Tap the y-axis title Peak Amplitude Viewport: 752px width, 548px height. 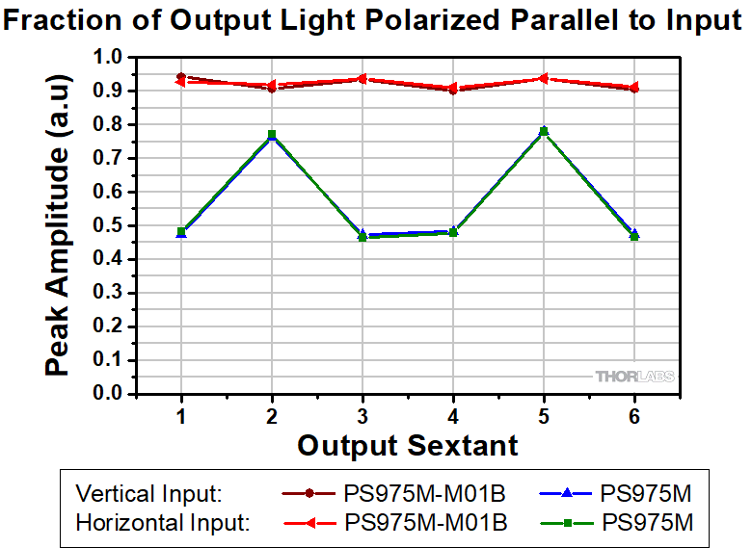pyautogui.click(x=58, y=226)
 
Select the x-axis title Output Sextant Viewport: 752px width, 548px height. pyautogui.click(x=407, y=446)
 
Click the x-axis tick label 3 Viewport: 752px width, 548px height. pyautogui.click(x=363, y=412)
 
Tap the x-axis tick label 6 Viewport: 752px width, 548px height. pyautogui.click(x=635, y=412)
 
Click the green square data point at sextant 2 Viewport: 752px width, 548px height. pyautogui.click(x=272, y=135)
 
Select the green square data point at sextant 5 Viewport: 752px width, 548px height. pyautogui.click(x=544, y=131)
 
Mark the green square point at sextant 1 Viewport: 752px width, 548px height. pyautogui.click(x=181, y=231)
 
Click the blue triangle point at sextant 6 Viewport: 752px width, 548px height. pyautogui.click(x=635, y=233)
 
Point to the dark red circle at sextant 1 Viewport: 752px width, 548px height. pyautogui.click(x=181, y=77)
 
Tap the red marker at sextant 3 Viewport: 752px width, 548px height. pyautogui.click(x=363, y=79)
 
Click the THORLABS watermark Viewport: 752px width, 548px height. pyautogui.click(x=634, y=377)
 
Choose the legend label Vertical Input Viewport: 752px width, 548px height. pyautogui.click(x=148, y=494)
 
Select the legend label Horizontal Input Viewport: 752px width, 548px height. pyautogui.click(x=162, y=523)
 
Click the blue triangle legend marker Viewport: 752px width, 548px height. pyautogui.click(x=569, y=494)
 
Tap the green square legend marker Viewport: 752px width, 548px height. pyautogui.click(x=569, y=523)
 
